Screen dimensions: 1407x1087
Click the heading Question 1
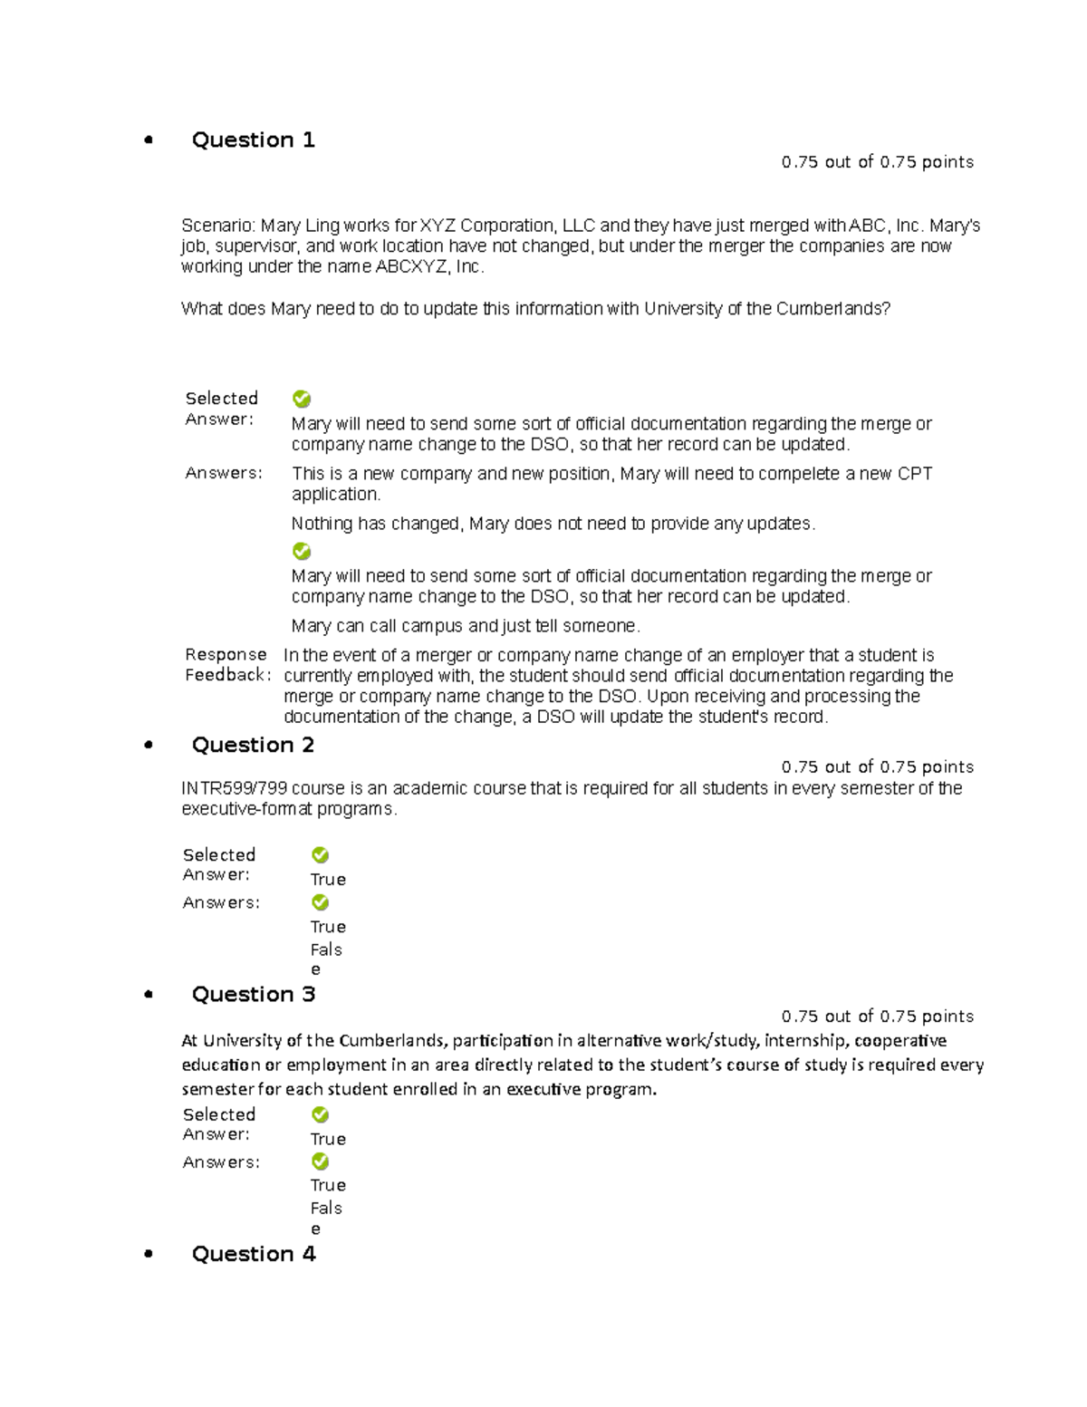[253, 140]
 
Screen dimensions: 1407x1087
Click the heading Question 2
[253, 745]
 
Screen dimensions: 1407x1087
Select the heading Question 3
[253, 994]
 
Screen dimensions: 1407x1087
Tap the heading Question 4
[253, 1254]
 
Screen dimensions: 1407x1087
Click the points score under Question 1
[877, 162]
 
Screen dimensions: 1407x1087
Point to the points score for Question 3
[877, 1017]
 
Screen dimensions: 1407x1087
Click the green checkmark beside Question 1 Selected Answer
[302, 399]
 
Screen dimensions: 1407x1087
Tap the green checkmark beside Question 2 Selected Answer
[320, 855]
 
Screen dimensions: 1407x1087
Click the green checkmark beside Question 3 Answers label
[320, 1161]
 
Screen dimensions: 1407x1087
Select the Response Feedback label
[226, 665]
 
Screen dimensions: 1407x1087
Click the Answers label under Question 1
[224, 473]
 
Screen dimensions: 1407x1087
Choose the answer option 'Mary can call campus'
[466, 626]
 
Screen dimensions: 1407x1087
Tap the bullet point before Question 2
[149, 745]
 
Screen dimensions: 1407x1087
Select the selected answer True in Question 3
[328, 1139]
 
